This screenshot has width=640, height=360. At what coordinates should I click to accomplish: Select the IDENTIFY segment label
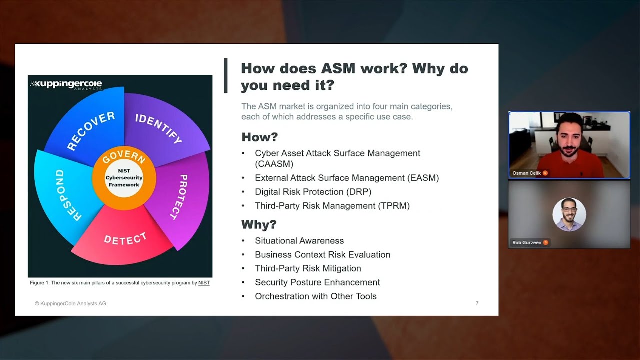[x=159, y=128]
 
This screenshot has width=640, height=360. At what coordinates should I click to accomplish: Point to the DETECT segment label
[x=125, y=239]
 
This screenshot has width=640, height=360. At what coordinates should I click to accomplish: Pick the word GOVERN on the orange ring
[x=124, y=156]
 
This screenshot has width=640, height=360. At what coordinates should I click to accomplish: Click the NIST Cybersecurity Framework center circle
[x=124, y=178]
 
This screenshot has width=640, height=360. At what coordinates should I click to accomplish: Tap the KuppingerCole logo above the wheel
[x=66, y=85]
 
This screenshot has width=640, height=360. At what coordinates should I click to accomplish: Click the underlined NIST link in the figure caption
[x=204, y=283]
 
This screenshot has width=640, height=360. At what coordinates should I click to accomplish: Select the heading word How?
[x=259, y=137]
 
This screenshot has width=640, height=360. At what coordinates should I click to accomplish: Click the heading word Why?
[x=259, y=224]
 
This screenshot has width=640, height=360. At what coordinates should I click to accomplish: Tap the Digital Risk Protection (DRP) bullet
[x=313, y=192]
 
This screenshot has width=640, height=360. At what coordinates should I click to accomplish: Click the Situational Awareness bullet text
[x=299, y=241]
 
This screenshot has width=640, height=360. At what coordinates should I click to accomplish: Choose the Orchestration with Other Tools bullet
[x=315, y=296]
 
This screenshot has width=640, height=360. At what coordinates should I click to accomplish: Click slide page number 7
[x=477, y=303]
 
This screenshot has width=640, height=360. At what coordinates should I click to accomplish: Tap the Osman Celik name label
[x=526, y=173]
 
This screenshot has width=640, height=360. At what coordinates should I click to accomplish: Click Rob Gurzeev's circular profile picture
[x=569, y=214]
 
